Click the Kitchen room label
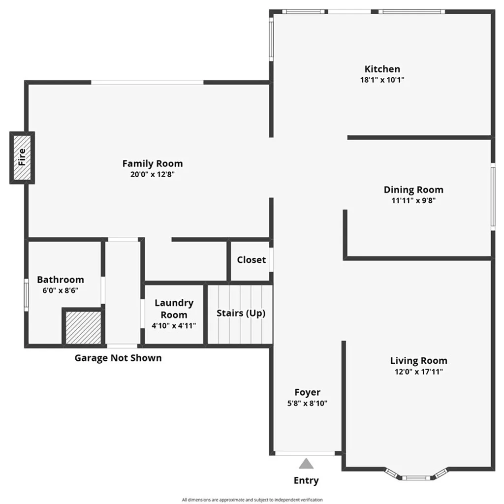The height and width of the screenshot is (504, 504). coord(382,69)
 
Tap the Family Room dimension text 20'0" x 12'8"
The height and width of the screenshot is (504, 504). coord(153,174)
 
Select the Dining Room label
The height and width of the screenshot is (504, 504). coord(413,189)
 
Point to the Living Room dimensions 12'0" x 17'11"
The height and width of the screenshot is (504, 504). coord(418,372)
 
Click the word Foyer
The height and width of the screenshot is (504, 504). coord(307,392)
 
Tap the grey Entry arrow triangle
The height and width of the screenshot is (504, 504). coord(306,464)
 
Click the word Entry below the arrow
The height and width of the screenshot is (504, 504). coord(306,480)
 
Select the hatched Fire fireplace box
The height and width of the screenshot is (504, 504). coord(22,157)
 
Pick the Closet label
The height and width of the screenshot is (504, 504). coord(251,260)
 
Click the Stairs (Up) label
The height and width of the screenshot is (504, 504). coord(241,313)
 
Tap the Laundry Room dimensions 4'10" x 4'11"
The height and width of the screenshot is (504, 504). coord(174,325)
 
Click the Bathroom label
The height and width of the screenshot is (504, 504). coord(61,280)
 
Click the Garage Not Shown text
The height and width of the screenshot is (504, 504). coord(118,358)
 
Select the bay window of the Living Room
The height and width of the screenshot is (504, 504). coord(416,475)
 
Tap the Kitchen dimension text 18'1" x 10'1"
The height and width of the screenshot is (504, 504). coord(382,80)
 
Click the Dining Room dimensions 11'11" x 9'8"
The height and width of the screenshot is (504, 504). coord(413,200)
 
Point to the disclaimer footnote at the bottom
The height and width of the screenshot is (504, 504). coord(252,500)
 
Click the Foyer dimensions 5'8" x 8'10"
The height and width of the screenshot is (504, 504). coord(307,403)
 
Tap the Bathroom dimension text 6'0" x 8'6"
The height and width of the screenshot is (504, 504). coord(61,290)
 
